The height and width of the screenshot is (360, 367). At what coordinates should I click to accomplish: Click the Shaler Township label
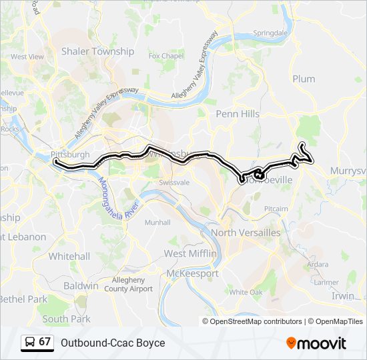(x=97, y=51)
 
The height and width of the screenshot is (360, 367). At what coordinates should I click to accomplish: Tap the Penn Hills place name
(x=238, y=114)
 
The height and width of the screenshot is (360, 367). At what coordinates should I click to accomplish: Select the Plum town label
(x=304, y=79)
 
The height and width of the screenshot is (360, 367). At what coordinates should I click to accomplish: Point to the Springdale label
(x=270, y=32)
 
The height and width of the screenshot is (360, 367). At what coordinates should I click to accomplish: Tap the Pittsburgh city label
(x=70, y=154)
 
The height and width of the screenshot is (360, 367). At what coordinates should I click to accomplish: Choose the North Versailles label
(x=246, y=232)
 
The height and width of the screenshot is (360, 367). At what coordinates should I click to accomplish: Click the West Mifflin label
(x=190, y=254)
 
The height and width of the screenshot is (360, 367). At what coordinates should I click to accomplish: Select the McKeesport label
(x=192, y=273)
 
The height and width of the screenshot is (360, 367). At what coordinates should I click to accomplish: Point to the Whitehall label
(x=69, y=256)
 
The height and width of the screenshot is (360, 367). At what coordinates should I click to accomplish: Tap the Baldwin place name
(x=81, y=286)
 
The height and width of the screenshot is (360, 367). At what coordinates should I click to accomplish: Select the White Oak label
(x=246, y=292)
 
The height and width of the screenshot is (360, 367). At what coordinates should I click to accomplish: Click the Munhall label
(x=157, y=222)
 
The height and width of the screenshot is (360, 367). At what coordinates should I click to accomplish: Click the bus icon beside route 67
(x=29, y=342)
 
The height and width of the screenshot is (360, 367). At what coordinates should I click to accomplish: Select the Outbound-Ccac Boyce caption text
(x=113, y=343)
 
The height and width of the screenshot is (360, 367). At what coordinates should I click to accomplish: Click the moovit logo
(x=316, y=343)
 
